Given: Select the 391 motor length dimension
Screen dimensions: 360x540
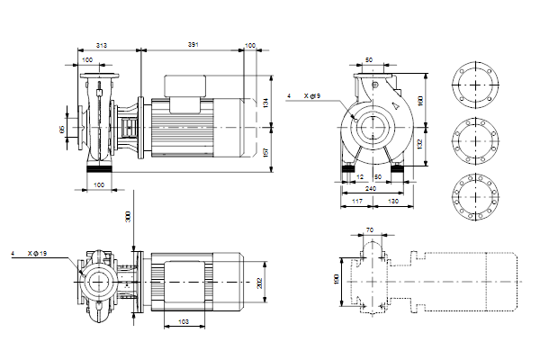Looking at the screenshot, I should tap(193, 44).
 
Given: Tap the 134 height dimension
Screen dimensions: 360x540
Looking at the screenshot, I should tap(265, 102).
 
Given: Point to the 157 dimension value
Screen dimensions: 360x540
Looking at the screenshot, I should tap(265, 150).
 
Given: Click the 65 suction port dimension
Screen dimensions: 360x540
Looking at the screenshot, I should tap(62, 130).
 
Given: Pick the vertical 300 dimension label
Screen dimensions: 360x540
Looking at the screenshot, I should tap(129, 218).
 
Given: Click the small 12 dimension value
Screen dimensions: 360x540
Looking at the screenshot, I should tap(360, 177).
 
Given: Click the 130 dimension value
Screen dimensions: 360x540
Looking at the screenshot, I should tap(392, 201).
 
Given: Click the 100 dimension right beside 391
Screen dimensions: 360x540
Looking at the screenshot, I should tap(250, 44).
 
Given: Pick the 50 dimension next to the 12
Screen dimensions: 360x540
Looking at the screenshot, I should tap(378, 177).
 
